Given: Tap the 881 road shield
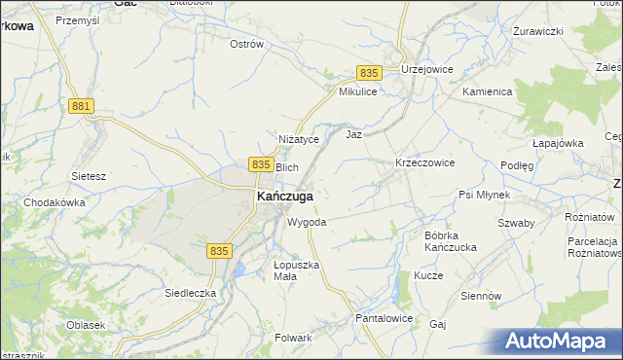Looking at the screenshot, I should (x=82, y=106).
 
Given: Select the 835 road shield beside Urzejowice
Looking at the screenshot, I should (x=368, y=73).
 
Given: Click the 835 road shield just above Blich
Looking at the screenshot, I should (x=260, y=165).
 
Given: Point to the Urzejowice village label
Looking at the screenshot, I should (x=426, y=70).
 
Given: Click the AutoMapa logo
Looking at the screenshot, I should (x=559, y=342).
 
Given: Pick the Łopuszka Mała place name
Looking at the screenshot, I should (x=296, y=270).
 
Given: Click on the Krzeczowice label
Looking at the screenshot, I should (x=424, y=162).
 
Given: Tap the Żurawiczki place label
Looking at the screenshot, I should (x=538, y=31).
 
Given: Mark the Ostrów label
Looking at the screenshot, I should (x=246, y=44).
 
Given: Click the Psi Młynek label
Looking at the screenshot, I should (x=484, y=195).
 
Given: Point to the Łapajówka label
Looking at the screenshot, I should (x=558, y=143).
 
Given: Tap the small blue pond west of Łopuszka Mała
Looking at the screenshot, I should (x=238, y=269).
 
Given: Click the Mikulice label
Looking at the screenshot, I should (x=357, y=91).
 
